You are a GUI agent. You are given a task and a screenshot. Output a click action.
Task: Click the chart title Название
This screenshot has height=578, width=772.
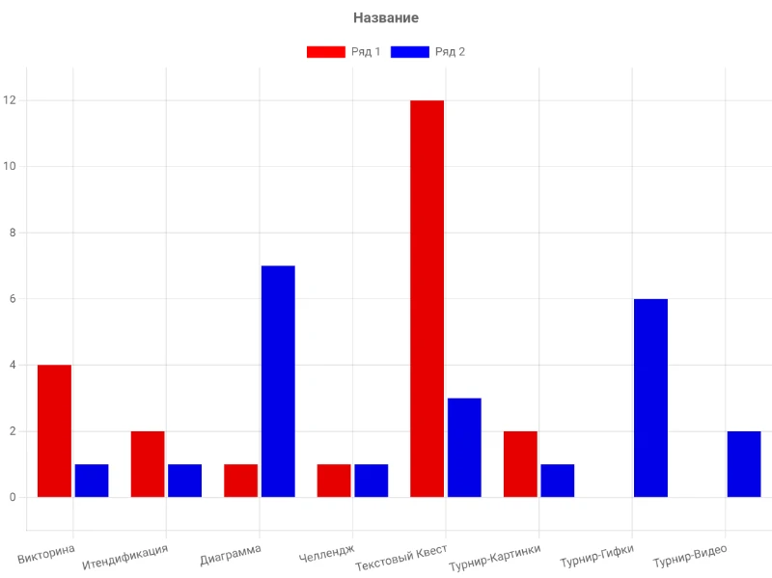coord(386,17)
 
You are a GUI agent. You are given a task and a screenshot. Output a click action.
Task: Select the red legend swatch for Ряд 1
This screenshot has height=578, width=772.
coord(326,52)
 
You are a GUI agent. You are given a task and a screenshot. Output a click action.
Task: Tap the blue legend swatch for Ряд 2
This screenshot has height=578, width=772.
coord(409,52)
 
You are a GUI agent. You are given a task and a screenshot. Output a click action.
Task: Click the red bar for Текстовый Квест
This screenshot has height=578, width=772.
coord(427,299)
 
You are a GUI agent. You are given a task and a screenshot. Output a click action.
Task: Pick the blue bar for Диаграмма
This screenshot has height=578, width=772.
coord(278,381)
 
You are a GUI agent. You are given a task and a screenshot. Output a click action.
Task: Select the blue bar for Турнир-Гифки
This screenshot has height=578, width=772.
coord(650,398)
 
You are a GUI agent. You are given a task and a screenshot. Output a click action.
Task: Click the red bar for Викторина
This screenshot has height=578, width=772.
coord(55,430)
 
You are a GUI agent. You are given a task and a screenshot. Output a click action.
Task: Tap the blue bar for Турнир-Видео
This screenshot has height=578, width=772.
coord(744,464)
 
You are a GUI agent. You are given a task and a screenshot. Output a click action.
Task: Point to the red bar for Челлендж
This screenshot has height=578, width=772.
coord(334,481)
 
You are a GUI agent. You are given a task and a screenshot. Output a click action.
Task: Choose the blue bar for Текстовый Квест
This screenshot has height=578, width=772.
coord(464,448)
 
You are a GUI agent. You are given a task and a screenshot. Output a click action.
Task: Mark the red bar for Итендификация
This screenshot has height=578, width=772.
coord(148,464)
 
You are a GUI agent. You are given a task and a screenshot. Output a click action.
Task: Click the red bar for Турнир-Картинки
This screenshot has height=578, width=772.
coord(520,464)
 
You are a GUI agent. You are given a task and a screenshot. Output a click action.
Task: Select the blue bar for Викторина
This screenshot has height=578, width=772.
coord(92,481)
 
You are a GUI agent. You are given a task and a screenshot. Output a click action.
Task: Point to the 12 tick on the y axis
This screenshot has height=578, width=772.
coord(10,100)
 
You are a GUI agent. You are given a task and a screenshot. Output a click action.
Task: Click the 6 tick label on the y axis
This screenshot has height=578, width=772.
coord(13,299)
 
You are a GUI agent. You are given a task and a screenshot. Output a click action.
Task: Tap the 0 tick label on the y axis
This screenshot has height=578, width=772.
coord(13,497)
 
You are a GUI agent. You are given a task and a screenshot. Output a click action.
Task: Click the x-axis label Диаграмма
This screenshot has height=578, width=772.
coord(231,555)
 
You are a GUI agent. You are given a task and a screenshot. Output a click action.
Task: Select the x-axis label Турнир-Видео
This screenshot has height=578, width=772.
coord(690,556)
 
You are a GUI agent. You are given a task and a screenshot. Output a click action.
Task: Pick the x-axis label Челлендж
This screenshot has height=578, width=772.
coord(326,553)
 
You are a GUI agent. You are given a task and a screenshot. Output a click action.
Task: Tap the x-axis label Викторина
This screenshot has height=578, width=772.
coord(46,554)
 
